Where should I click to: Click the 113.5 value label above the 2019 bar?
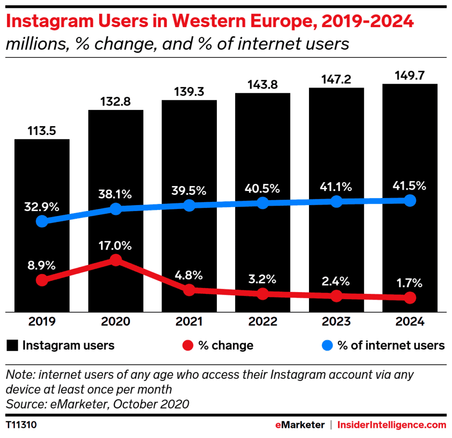[42, 131]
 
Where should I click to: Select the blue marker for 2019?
[42, 221]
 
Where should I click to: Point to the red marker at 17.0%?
[115, 260]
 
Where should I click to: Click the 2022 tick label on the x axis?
[262, 322]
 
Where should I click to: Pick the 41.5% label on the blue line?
[409, 186]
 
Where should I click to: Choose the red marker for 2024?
[409, 298]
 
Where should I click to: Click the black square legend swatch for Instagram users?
[13, 346]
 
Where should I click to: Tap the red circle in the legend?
[187, 346]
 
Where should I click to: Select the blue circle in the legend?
[327, 346]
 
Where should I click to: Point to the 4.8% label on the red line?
[189, 276]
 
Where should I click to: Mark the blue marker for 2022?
[262, 203]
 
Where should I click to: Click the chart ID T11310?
[22, 425]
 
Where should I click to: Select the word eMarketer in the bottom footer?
[300, 425]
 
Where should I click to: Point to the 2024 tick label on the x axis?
[409, 322]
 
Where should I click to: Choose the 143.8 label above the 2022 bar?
[262, 85]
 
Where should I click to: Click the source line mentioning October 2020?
[97, 403]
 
